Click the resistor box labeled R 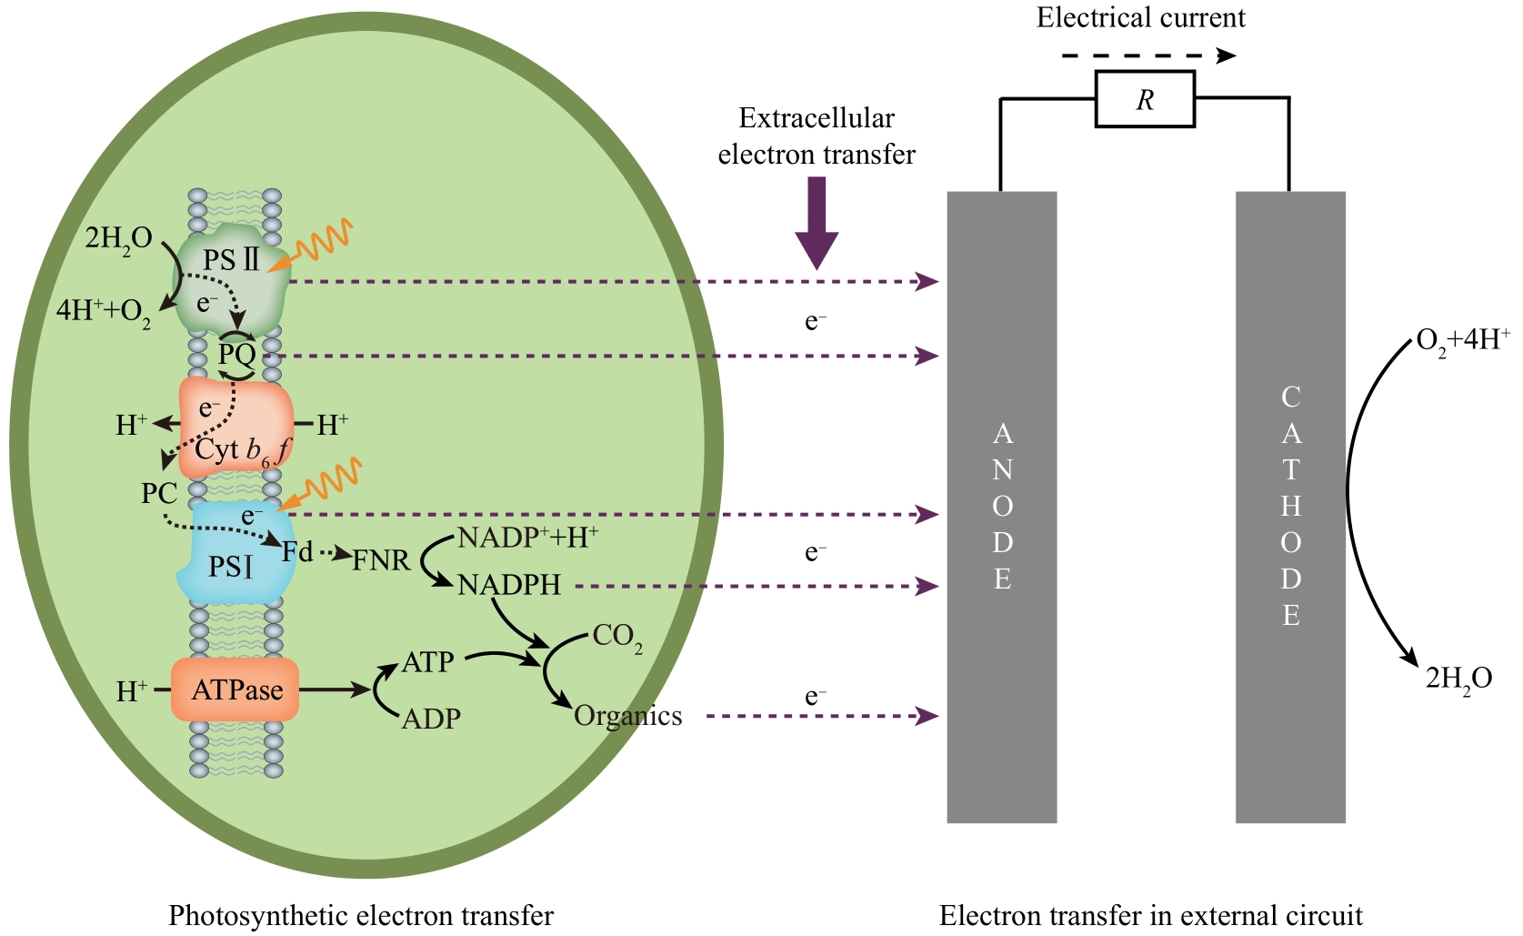[x=1145, y=99]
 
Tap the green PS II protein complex [x=232, y=282]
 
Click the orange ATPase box [x=235, y=690]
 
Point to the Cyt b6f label [x=242, y=450]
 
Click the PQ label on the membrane [x=236, y=353]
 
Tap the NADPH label [x=509, y=585]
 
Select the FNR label [x=381, y=560]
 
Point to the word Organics [x=628, y=716]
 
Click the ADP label [x=431, y=719]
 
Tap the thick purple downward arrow [x=817, y=222]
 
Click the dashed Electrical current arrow [x=1148, y=55]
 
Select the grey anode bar [x=1002, y=507]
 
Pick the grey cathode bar [x=1290, y=507]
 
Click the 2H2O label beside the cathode [x=1458, y=679]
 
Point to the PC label [x=159, y=494]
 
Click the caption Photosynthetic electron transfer [x=361, y=915]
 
